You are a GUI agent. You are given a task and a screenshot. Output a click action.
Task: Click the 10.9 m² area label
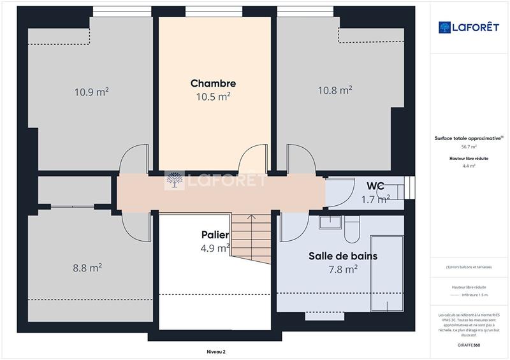pos(91,92)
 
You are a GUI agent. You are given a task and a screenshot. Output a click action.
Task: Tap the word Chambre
pos(213,83)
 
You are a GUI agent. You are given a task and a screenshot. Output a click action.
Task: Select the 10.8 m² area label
pos(335,90)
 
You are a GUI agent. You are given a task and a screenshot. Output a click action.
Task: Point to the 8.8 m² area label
pos(87,268)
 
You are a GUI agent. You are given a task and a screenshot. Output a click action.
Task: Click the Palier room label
pos(215,235)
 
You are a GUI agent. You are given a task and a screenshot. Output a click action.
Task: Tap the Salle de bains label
pos(343,256)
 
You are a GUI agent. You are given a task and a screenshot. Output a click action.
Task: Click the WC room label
pos(375,186)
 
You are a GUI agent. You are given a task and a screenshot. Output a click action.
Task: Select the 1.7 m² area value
pos(375,199)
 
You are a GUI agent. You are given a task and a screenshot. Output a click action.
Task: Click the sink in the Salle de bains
pos(330,222)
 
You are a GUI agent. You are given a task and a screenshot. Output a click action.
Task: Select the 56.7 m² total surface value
pos(469,147)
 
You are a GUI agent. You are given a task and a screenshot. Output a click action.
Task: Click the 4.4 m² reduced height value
pos(469,166)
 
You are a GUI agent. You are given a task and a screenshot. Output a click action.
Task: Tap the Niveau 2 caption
pos(216,351)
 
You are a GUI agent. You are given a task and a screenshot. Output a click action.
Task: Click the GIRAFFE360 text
pos(469,344)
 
